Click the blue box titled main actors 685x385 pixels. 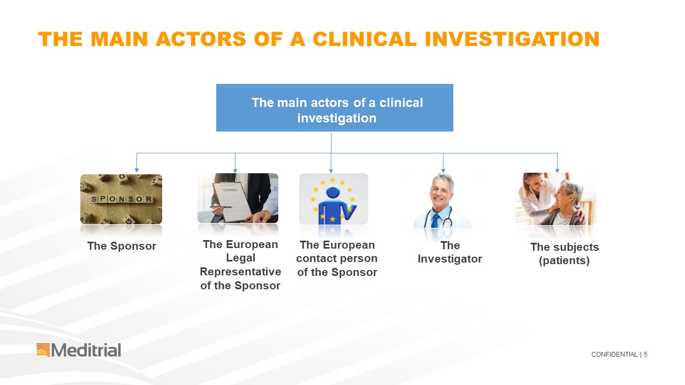pyautogui.click(x=334, y=107)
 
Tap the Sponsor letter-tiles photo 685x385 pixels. pyautogui.click(x=121, y=199)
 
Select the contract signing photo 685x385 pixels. pyautogui.click(x=238, y=198)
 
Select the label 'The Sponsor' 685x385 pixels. pyautogui.click(x=121, y=246)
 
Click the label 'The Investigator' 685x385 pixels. pyautogui.click(x=450, y=252)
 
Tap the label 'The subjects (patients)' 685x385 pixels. pyautogui.click(x=564, y=253)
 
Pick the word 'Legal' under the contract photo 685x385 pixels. pyautogui.click(x=240, y=258)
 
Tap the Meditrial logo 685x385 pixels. pyautogui.click(x=79, y=350)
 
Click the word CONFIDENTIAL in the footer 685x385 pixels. pyautogui.click(x=614, y=355)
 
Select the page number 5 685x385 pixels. pyautogui.click(x=645, y=355)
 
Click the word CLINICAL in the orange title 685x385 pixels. pyautogui.click(x=365, y=39)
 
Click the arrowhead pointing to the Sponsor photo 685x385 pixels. pyautogui.click(x=136, y=170)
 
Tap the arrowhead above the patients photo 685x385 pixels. pyautogui.click(x=557, y=170)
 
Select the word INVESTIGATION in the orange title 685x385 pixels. pyautogui.click(x=512, y=39)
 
